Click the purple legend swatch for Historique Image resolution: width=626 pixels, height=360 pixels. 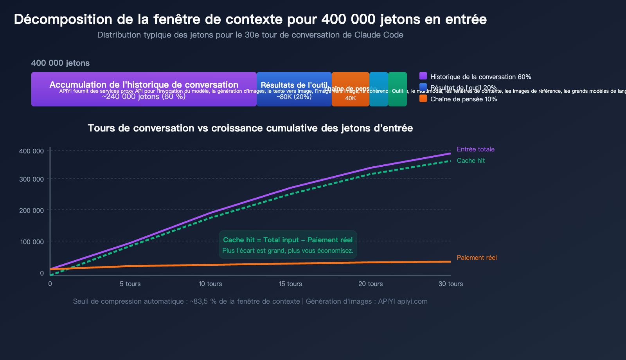[423, 76]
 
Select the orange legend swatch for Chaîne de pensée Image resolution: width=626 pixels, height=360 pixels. [423, 99]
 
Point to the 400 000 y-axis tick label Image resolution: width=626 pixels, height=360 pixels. [31, 151]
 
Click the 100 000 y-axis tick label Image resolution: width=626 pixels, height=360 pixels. [32, 242]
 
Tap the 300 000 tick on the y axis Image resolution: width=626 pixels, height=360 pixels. [31, 179]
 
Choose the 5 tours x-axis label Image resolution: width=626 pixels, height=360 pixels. [130, 284]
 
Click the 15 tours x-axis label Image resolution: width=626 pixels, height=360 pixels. [290, 284]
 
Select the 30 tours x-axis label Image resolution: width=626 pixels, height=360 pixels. [450, 284]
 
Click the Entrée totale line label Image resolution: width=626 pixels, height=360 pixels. [475, 149]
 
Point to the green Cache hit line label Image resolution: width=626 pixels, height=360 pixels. [471, 160]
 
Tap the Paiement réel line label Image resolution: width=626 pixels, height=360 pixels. [477, 257]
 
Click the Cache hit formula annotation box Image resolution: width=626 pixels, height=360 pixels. [288, 245]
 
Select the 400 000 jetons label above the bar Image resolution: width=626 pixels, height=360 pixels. [60, 63]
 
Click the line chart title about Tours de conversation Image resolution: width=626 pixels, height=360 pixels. [250, 128]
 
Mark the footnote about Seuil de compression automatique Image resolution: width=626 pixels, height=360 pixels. [250, 301]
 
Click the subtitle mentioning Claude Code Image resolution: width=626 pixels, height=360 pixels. [250, 35]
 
